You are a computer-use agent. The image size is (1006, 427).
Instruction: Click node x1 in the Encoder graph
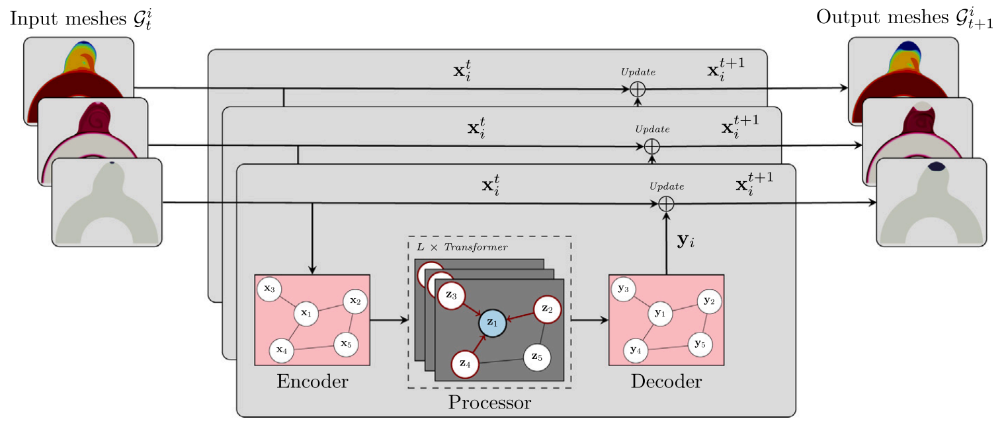[305, 313]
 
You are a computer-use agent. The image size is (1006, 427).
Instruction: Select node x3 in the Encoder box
[269, 289]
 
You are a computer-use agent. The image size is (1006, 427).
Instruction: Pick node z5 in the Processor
[537, 358]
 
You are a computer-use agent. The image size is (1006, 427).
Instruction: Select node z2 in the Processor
[547, 309]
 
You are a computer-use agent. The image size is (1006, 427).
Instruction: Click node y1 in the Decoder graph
[658, 313]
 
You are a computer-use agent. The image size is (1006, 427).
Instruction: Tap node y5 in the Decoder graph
[700, 344]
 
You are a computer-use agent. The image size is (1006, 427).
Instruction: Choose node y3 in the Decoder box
[624, 289]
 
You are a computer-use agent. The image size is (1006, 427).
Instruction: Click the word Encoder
[312, 381]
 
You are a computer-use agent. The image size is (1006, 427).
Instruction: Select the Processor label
[489, 402]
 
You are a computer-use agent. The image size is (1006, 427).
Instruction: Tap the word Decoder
[666, 381]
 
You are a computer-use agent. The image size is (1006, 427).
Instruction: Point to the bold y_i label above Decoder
[686, 241]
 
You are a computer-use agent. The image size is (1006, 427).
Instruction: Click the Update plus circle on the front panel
[667, 204]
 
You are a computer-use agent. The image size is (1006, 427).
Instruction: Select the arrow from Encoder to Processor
[390, 321]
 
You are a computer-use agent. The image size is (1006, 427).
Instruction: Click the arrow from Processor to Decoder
[589, 321]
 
